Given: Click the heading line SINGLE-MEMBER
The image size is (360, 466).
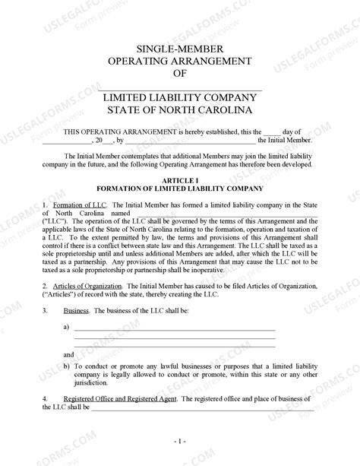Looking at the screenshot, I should (x=179, y=47).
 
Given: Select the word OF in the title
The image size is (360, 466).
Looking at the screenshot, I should (x=179, y=74).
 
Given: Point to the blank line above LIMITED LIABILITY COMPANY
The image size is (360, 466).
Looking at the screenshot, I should (x=179, y=90).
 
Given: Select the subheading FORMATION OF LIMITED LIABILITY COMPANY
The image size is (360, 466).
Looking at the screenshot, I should (x=179, y=188).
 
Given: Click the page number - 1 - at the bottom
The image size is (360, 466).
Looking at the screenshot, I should (x=179, y=440).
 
